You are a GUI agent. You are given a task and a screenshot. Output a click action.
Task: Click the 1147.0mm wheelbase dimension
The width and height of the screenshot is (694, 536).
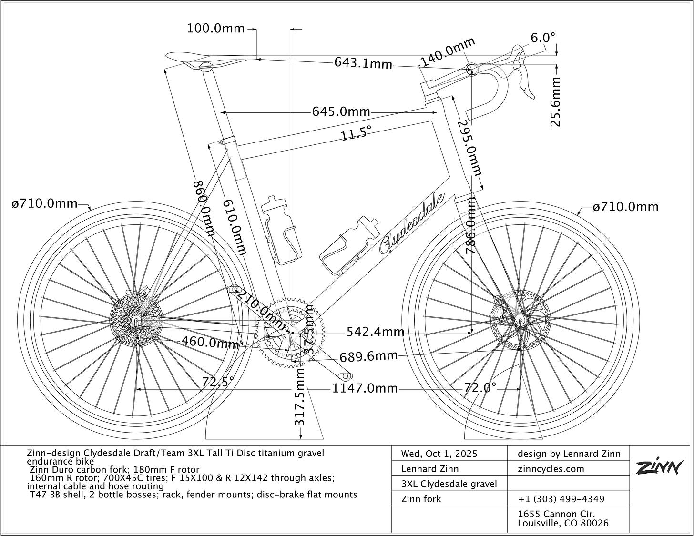point(365,388)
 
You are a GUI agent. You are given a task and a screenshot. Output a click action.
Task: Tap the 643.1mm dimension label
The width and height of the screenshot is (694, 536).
point(363,62)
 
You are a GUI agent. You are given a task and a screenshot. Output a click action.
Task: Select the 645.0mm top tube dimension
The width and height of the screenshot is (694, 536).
point(341,111)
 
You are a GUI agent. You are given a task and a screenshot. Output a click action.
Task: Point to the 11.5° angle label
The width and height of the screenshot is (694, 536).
point(356,134)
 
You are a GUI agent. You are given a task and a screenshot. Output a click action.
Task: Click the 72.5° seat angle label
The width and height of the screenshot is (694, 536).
point(218,382)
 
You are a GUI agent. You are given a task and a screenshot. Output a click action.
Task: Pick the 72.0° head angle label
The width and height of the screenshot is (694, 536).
point(480,387)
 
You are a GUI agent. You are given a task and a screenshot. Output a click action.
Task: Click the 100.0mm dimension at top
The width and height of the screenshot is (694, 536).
point(215,29)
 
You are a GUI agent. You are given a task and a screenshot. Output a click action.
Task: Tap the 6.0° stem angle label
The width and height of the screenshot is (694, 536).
point(543,38)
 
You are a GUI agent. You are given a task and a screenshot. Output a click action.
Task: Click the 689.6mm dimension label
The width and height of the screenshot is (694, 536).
point(368,356)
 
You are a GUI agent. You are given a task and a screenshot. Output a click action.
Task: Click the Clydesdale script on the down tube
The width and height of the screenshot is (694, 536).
point(413,223)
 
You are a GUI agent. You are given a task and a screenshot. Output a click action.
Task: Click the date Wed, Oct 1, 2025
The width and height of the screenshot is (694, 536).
point(439,454)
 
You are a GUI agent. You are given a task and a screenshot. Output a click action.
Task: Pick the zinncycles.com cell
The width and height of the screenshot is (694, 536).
point(551,469)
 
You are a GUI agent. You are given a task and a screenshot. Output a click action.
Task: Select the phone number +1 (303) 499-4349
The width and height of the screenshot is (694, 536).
point(561,499)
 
